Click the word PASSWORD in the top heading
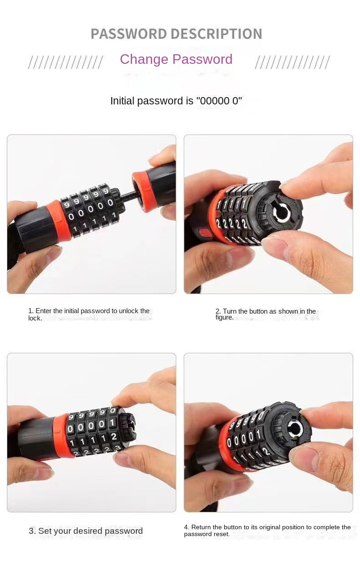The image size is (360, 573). coord(129,34)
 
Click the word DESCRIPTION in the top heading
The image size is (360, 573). coord(216,34)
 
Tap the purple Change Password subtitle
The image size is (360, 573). coord(176,59)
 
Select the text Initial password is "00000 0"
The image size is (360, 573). coord(176,101)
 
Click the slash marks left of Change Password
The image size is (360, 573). coord(65,62)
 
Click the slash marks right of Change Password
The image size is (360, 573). coord(292,62)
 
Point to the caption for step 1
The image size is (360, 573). coord(89,314)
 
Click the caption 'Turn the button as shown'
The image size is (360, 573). coord(266,314)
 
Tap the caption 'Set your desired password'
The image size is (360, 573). coord(86,531)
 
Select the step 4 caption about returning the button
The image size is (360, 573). coord(267,530)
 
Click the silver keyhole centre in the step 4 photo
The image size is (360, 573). coord(293,428)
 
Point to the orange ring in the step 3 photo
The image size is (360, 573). coord(61,435)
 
